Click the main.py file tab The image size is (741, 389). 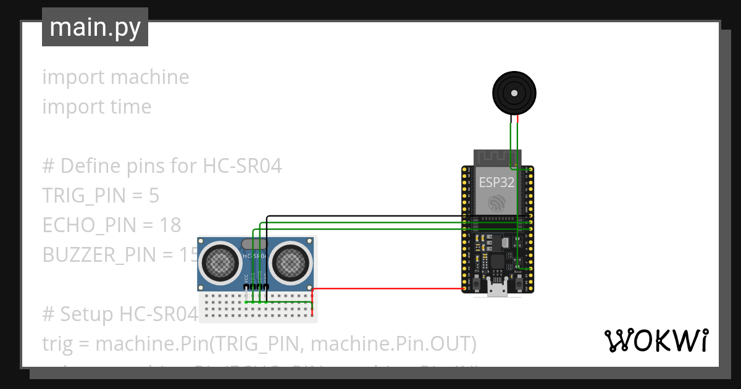pos(94,27)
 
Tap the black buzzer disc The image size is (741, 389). pos(514,93)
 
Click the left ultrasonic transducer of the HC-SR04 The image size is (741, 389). pos(221,263)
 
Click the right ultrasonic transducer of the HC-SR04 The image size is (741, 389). pos(289,263)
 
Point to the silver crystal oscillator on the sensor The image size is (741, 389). pos(254,245)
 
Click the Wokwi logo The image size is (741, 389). pos(656,340)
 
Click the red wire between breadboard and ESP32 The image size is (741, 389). pos(389,289)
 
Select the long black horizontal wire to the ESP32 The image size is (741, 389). pos(364,216)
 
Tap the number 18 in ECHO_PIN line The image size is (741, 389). pos(170,225)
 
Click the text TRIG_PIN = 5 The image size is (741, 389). pos(101,196)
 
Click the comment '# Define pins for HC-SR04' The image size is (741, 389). pos(162,166)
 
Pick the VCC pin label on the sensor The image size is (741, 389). pos(246,277)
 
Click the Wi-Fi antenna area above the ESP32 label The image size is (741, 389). pos(497,159)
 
